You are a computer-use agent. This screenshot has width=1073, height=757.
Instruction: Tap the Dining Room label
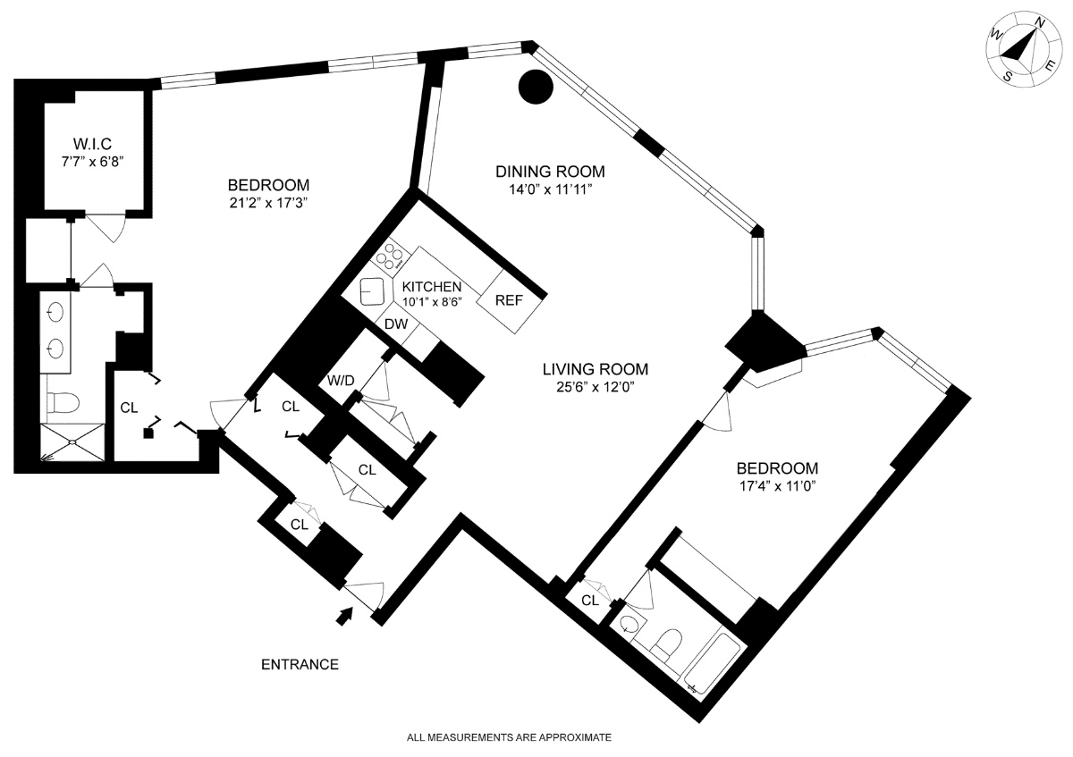point(551,172)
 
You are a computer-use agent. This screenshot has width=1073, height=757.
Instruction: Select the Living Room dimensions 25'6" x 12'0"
point(595,386)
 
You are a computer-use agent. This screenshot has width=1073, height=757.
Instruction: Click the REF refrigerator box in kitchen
point(509,300)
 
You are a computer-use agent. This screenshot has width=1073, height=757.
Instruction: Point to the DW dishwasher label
point(396,325)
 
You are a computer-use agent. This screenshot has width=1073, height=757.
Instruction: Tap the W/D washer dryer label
point(341,381)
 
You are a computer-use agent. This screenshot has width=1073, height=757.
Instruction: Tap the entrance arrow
point(345,616)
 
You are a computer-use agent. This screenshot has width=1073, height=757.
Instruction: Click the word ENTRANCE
point(300,665)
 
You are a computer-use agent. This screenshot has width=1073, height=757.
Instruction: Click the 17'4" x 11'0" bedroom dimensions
point(776,487)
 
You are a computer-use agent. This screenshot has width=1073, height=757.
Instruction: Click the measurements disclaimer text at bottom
point(509,737)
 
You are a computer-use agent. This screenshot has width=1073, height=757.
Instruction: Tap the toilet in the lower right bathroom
point(666,643)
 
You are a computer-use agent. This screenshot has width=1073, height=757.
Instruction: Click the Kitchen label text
point(431,286)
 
